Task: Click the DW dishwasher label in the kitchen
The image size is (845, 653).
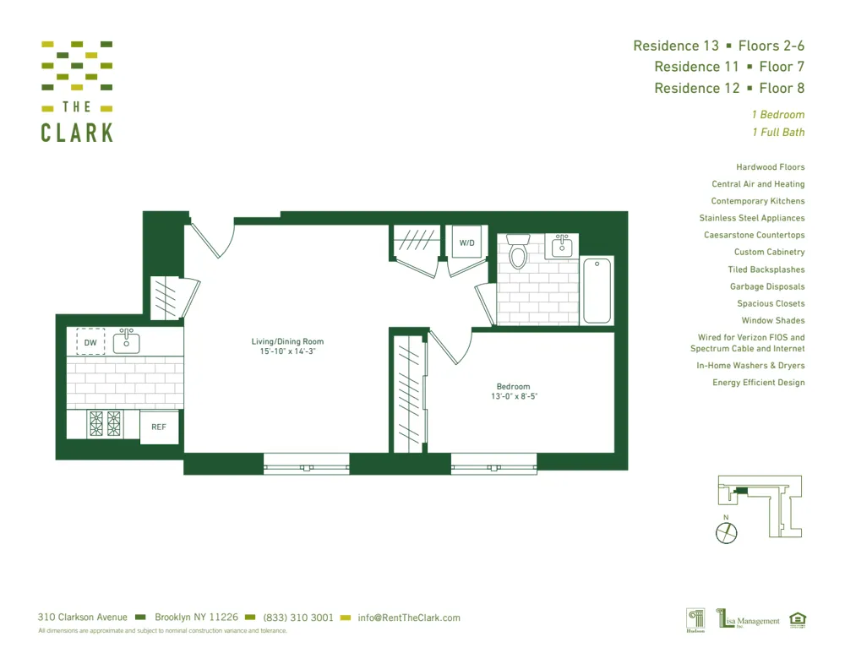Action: [90, 342]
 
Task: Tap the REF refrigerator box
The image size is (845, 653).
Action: [159, 427]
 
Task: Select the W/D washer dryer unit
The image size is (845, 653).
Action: [466, 242]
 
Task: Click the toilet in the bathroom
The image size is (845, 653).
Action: [518, 251]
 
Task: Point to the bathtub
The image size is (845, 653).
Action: [597, 290]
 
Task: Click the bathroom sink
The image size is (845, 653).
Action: [561, 247]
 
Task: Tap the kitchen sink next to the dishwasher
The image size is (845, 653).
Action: [127, 341]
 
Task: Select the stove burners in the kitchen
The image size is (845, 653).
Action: [106, 423]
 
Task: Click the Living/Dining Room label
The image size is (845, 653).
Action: [287, 342]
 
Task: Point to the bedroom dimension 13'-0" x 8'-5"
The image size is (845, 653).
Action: [514, 396]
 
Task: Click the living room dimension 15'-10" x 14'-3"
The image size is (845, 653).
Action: [287, 351]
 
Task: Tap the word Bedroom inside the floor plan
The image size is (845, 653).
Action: [513, 387]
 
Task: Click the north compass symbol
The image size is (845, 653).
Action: [726, 532]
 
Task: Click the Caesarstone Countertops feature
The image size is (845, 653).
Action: [754, 235]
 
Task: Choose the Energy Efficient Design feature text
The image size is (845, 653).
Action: [758, 383]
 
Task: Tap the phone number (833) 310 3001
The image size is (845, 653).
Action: [298, 618]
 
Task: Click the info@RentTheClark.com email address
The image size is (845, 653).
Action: [409, 618]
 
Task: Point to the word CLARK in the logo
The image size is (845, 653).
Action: [77, 133]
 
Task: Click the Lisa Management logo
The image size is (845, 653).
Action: [749, 620]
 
